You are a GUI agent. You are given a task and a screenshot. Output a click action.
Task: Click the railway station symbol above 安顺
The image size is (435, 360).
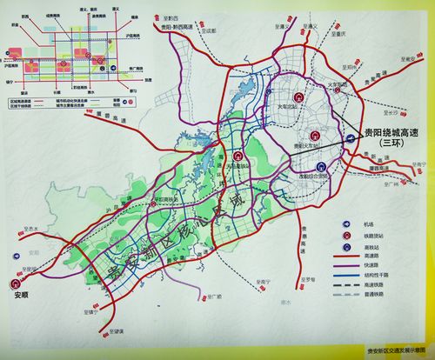pos(16,281)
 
